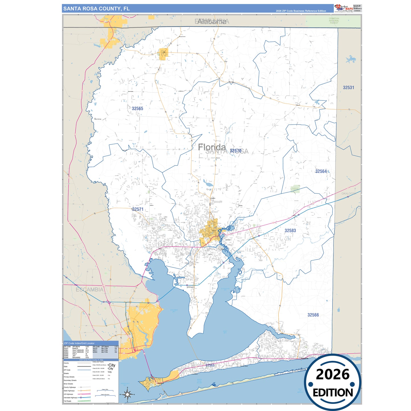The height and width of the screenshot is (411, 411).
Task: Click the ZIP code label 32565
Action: (137, 108)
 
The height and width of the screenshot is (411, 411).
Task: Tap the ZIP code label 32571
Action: (138, 209)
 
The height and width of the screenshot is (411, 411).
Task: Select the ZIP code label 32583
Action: (290, 230)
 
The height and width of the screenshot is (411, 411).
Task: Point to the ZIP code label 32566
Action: (313, 315)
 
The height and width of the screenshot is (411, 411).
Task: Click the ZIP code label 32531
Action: (348, 88)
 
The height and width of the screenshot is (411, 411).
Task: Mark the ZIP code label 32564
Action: (321, 171)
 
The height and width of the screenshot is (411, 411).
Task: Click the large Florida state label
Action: (212, 147)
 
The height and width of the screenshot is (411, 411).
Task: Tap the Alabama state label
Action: (212, 22)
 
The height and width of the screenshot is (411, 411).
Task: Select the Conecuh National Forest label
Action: (334, 21)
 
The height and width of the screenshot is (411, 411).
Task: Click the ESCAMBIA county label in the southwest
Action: (89, 290)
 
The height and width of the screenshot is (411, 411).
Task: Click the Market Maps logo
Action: (344, 8)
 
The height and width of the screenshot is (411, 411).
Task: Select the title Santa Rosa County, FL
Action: (96, 9)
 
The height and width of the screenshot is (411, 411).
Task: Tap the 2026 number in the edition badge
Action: (332, 374)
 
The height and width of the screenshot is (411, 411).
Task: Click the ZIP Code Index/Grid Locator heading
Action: (79, 343)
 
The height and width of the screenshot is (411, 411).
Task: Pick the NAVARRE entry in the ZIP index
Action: (76, 358)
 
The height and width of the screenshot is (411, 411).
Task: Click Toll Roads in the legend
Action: (67, 401)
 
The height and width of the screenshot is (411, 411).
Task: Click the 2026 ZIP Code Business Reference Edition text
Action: (301, 11)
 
